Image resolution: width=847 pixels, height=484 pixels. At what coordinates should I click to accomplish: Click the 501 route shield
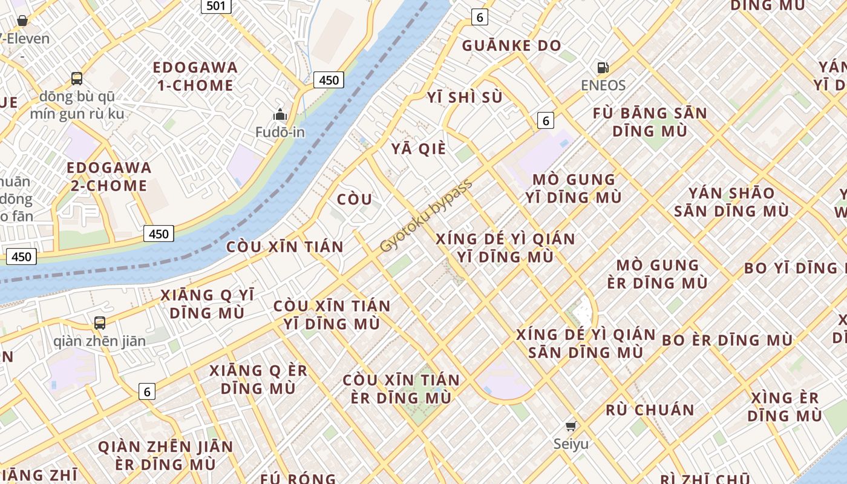point(216,6)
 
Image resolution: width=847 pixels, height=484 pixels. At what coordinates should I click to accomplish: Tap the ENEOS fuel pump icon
point(603,68)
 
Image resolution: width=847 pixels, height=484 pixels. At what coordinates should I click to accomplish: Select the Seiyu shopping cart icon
point(571,426)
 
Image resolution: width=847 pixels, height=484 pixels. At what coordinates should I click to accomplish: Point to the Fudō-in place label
point(280,131)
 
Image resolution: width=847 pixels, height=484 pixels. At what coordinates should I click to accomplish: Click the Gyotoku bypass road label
point(426,216)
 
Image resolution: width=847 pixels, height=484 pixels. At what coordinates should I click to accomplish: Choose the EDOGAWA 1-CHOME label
point(195,76)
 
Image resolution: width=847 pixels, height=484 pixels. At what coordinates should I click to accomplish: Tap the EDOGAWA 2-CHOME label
point(109,177)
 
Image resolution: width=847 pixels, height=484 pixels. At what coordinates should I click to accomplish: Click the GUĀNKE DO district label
point(511,45)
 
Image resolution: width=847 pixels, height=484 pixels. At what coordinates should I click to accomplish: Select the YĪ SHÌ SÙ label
point(465,97)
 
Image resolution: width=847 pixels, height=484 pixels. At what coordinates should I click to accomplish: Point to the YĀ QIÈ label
point(418,149)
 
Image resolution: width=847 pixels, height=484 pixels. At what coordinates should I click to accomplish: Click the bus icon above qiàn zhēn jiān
point(100,323)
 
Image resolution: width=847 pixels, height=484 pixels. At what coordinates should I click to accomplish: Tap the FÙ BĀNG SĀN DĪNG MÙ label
point(650,122)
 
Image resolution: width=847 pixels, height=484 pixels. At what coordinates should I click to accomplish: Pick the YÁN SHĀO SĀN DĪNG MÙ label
point(731,202)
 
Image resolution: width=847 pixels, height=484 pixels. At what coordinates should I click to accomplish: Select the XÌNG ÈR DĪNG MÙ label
point(785,407)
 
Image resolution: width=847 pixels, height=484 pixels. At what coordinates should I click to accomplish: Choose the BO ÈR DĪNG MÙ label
point(727,340)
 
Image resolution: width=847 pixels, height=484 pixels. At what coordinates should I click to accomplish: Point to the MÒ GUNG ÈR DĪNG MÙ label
point(658,274)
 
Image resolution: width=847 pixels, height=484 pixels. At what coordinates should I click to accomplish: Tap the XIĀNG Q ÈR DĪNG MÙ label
point(258,379)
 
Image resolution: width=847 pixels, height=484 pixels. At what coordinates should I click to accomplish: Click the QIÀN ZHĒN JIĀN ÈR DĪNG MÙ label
point(165,456)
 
